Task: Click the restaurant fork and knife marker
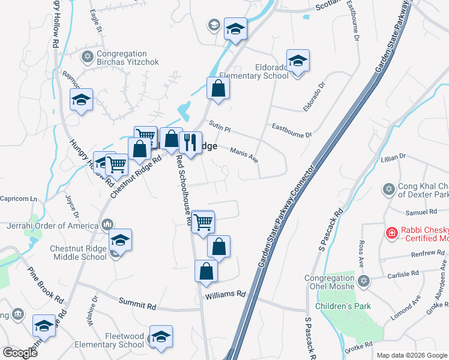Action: click(x=190, y=143)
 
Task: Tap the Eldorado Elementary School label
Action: click(x=253, y=71)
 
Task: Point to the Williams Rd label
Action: click(x=226, y=295)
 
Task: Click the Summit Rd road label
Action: click(x=137, y=304)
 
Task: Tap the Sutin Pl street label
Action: click(x=220, y=127)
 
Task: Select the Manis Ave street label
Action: click(x=244, y=157)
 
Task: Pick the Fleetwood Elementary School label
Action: click(x=109, y=340)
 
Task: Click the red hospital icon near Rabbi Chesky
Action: click(x=391, y=232)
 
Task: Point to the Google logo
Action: click(x=20, y=353)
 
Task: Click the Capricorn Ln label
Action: click(x=19, y=199)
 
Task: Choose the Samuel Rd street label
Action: click(x=421, y=212)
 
